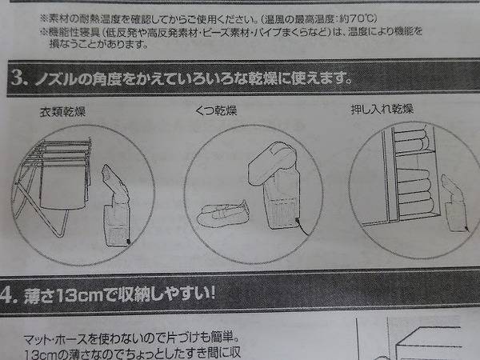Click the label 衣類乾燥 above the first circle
(x=62, y=111)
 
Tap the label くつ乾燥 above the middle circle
(x=216, y=110)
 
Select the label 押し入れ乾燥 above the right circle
(x=382, y=109)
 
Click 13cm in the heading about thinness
(x=80, y=295)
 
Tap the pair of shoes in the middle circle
(x=222, y=214)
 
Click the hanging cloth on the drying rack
(x=63, y=186)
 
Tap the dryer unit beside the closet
(x=455, y=203)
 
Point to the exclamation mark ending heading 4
(x=211, y=293)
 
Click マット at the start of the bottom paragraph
(x=36, y=339)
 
